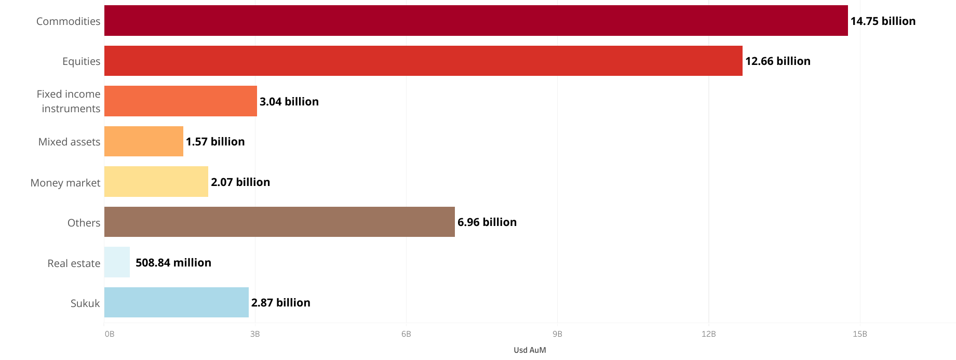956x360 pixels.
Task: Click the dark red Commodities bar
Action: click(476, 21)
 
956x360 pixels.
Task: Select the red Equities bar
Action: click(423, 61)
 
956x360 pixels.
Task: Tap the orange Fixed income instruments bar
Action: click(181, 101)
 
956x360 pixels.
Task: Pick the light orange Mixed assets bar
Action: click(144, 141)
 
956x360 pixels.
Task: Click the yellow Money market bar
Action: click(156, 182)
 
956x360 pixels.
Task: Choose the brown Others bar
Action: click(279, 222)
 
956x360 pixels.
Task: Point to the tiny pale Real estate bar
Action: click(117, 262)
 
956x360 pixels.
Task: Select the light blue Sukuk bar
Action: click(177, 302)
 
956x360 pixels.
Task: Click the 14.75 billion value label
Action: click(883, 21)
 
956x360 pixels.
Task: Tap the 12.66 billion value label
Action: click(777, 61)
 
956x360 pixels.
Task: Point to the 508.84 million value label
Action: click(173, 263)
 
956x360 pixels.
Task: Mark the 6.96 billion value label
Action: click(487, 222)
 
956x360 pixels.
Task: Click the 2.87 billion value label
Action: click(281, 303)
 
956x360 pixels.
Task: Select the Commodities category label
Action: click(68, 21)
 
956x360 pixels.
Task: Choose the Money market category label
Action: click(65, 183)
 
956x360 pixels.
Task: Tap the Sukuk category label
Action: click(85, 303)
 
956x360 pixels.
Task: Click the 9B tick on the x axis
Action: click(557, 334)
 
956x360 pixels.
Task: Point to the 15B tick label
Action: click(860, 334)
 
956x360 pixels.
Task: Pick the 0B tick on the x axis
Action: click(109, 334)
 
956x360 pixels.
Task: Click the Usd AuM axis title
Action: click(530, 350)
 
